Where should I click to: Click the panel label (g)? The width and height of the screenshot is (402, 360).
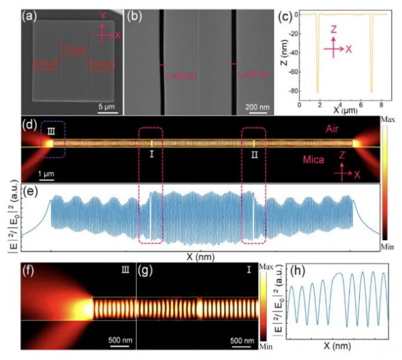pyautogui.click(x=145, y=272)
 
